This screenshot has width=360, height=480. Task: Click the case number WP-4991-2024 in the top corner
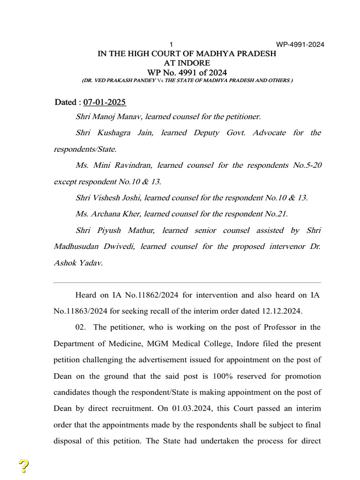(300, 45)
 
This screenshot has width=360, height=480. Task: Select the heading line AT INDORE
(187, 63)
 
